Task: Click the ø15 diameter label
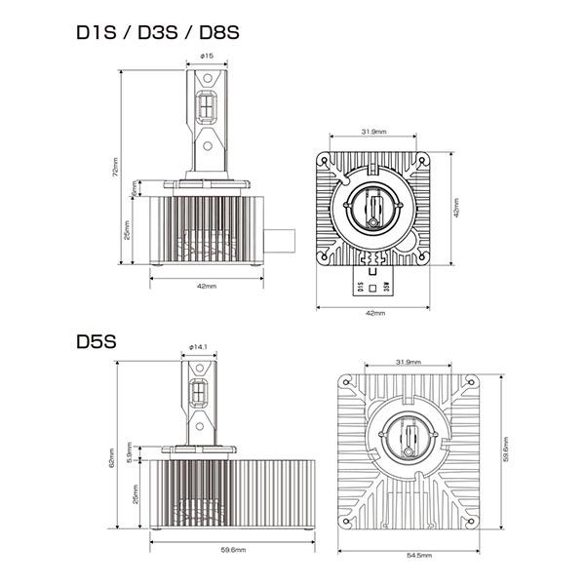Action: point(207,56)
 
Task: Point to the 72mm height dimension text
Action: point(116,168)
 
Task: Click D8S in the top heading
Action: point(216,32)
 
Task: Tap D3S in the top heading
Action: point(158,32)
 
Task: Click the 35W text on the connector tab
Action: point(387,288)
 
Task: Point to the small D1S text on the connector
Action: point(362,288)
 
